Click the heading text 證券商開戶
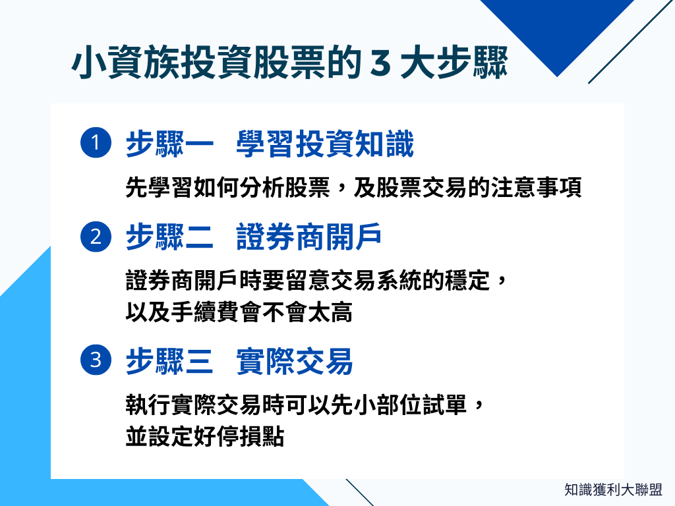click(x=308, y=237)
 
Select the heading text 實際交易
click(x=294, y=360)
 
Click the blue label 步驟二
click(x=169, y=237)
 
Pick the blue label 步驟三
click(x=169, y=360)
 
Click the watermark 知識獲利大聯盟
click(x=613, y=490)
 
